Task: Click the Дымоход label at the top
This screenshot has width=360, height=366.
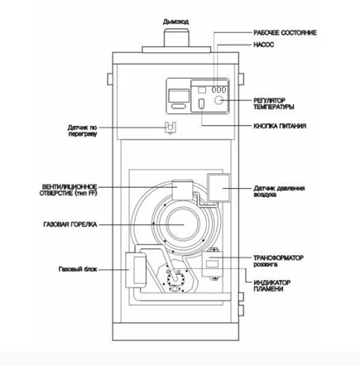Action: pyautogui.click(x=175, y=22)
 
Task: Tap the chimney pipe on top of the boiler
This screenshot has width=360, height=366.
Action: pyautogui.click(x=176, y=37)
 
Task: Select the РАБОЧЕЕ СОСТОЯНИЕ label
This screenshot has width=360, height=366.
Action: pyautogui.click(x=285, y=33)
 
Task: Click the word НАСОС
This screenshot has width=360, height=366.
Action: pyautogui.click(x=264, y=45)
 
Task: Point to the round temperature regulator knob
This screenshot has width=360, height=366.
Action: pyautogui.click(x=218, y=100)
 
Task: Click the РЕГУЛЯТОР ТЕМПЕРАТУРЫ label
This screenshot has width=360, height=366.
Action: pyautogui.click(x=274, y=104)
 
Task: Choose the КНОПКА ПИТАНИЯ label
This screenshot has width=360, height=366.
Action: pyautogui.click(x=280, y=126)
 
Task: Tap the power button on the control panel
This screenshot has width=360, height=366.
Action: pyautogui.click(x=202, y=104)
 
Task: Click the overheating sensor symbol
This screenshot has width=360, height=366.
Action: pyautogui.click(x=170, y=128)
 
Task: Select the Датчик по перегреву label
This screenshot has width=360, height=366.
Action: pyautogui.click(x=82, y=131)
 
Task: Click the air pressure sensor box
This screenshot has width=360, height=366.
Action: pyautogui.click(x=218, y=188)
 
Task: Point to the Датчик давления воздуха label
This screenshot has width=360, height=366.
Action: pyautogui.click(x=279, y=191)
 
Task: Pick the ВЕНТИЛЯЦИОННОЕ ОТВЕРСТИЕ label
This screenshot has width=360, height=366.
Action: pyautogui.click(x=69, y=190)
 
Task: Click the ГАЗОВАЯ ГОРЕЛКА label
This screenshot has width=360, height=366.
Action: pyautogui.click(x=70, y=224)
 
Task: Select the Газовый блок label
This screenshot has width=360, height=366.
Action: pyautogui.click(x=78, y=269)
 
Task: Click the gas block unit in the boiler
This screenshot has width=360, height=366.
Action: pyautogui.click(x=136, y=270)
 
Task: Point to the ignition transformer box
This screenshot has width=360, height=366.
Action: pyautogui.click(x=213, y=264)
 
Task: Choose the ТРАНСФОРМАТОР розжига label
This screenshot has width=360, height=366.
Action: pyautogui.click(x=278, y=261)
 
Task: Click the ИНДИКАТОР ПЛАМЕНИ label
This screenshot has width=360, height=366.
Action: pyautogui.click(x=271, y=286)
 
